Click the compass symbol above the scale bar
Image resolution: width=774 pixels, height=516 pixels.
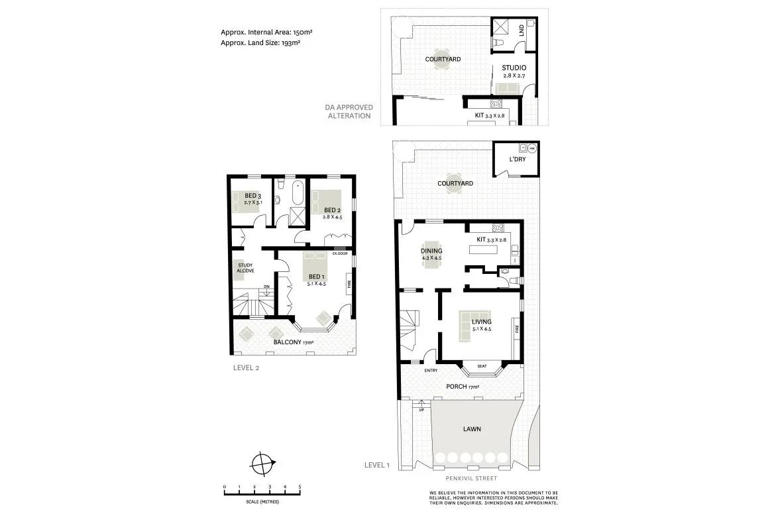point(263,462)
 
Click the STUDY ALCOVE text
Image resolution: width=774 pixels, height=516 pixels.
point(246,268)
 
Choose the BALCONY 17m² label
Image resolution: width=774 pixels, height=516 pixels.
point(294,342)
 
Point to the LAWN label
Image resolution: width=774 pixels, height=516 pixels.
point(472,429)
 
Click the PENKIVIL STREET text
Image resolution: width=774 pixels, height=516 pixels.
point(471,478)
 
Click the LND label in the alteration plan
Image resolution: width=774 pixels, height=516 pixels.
point(522,30)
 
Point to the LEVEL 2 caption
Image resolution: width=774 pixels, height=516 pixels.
point(247,368)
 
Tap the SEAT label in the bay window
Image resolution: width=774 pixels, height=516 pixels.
point(482,366)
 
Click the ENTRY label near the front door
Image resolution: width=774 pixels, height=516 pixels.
point(431,371)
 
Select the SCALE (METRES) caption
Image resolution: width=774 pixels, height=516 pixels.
point(262,500)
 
